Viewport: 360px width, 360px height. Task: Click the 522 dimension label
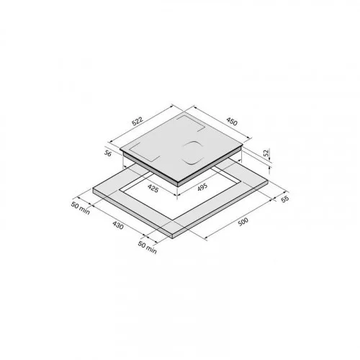pyautogui.click(x=138, y=121)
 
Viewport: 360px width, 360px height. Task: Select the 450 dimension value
pyautogui.click(x=232, y=122)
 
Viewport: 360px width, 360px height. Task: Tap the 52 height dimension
pyautogui.click(x=266, y=153)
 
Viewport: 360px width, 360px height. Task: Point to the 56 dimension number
pyautogui.click(x=108, y=153)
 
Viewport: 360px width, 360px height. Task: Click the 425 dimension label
pyautogui.click(x=153, y=188)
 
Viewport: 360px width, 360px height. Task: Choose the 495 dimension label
pyautogui.click(x=202, y=187)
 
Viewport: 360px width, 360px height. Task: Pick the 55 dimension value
pyautogui.click(x=284, y=199)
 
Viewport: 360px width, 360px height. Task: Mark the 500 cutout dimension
pyautogui.click(x=243, y=222)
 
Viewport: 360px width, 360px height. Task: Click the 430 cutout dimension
pyautogui.click(x=118, y=225)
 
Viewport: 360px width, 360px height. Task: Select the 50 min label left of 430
pyautogui.click(x=81, y=208)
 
